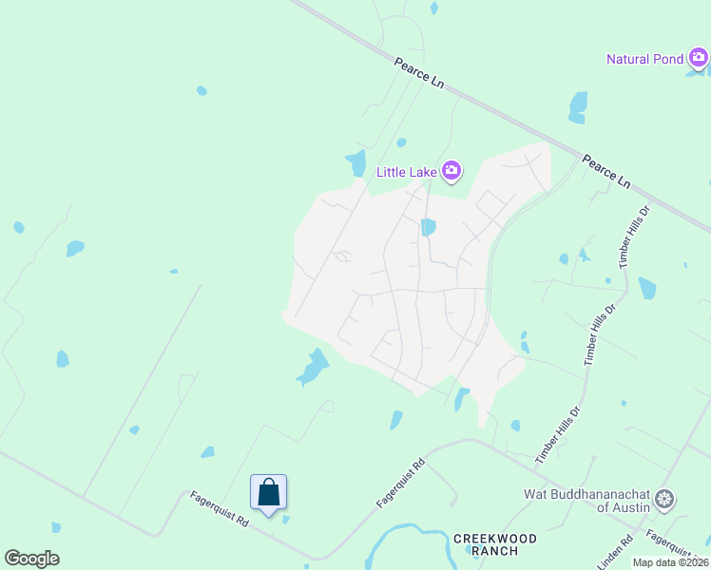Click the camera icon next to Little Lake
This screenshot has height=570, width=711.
coord(451,171)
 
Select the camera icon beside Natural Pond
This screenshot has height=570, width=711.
coord(699,59)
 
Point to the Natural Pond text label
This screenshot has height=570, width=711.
coord(644,59)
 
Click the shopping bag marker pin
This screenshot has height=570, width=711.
coord(269,493)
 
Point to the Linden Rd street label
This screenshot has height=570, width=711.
coord(614,553)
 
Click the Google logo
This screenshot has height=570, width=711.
coord(31,559)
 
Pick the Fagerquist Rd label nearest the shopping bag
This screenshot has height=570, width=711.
coord(219,509)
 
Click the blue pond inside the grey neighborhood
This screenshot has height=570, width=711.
coord(428,227)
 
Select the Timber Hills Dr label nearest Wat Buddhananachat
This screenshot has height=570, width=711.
coord(556,434)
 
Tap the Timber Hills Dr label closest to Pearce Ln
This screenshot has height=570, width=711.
coord(634,236)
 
